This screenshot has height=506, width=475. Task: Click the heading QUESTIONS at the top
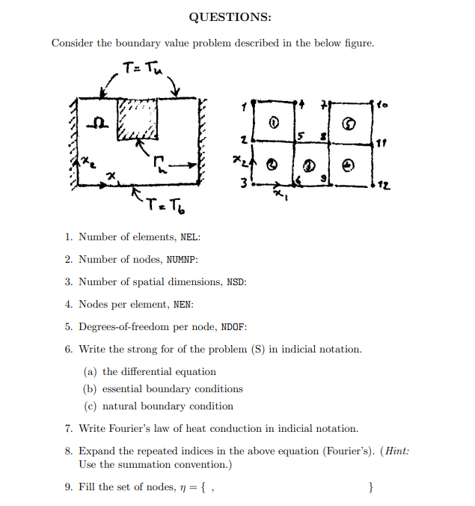[230, 17]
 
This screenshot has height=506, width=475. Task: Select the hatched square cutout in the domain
[138, 119]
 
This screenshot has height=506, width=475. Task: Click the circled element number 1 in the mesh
[275, 121]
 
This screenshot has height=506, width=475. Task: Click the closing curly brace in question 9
[372, 488]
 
